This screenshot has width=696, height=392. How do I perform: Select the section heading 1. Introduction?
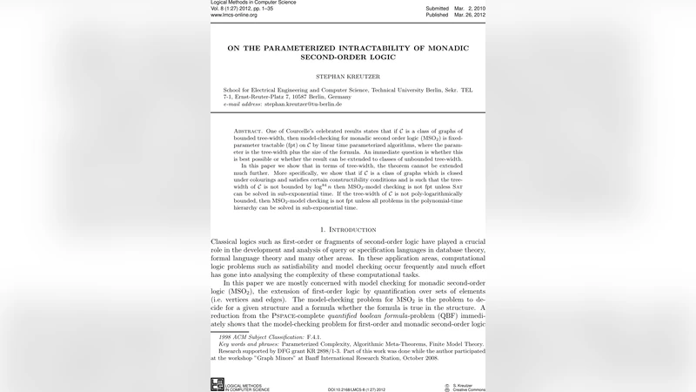[348, 229]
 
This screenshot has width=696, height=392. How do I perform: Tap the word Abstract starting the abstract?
[253, 130]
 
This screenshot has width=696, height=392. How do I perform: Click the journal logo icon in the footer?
[217, 384]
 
